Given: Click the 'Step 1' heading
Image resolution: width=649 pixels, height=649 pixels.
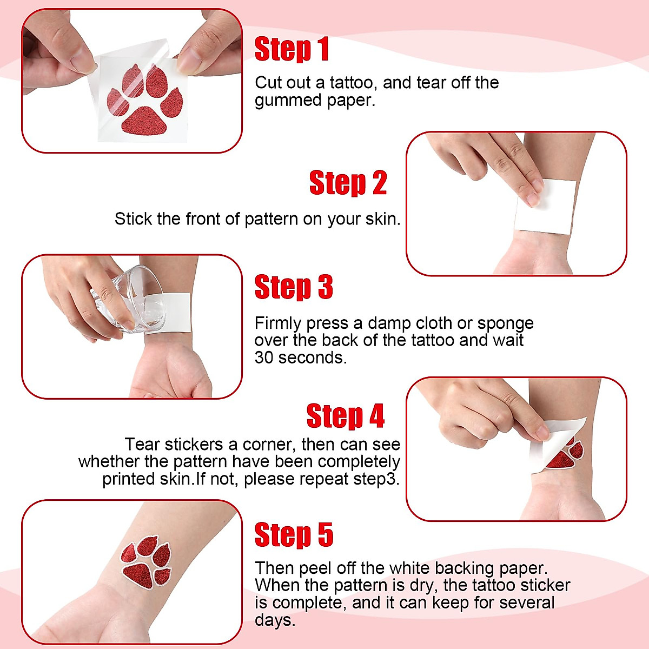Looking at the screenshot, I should (292, 49).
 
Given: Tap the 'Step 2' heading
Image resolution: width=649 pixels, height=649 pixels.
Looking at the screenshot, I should (348, 183).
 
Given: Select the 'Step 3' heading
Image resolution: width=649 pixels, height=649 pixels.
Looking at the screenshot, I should (293, 287).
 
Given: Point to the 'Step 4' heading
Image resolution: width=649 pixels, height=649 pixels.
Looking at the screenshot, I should (345, 416).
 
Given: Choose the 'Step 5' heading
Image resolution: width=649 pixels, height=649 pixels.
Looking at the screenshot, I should (294, 535).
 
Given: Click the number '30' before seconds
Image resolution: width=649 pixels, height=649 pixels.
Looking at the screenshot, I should (264, 357).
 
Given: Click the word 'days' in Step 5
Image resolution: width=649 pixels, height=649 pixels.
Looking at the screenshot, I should (274, 620).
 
